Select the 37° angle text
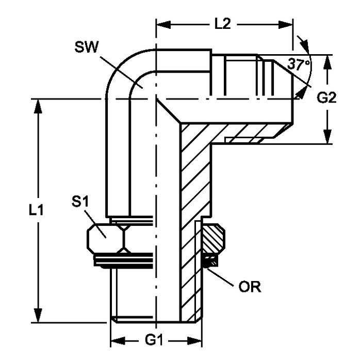tap(299, 65)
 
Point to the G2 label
tap(326, 98)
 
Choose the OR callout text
tap(250, 287)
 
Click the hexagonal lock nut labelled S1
tap(106, 237)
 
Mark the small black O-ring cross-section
tap(209, 262)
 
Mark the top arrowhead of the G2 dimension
tap(327, 60)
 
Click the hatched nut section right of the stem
tap(212, 239)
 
